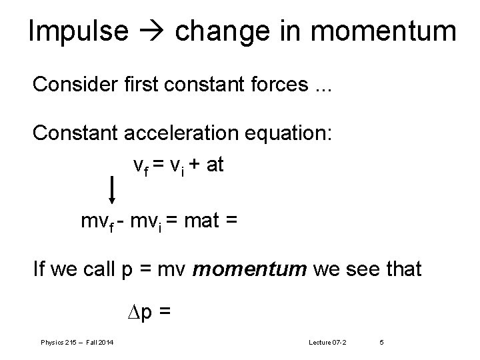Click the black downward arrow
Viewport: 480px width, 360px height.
click(x=111, y=189)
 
